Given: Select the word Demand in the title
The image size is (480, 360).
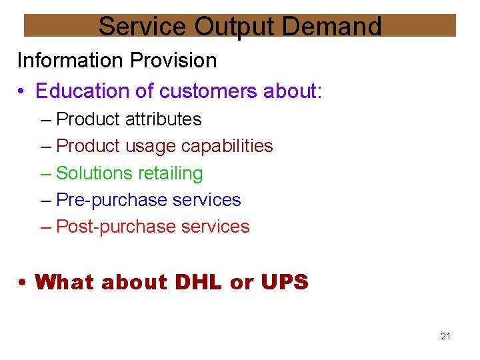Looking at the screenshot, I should tap(331, 26).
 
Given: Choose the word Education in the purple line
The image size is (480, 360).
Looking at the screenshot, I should tap(79, 91).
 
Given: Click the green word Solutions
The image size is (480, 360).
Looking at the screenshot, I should tap(95, 173).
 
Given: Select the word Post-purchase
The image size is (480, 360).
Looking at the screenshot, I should tap(117, 227).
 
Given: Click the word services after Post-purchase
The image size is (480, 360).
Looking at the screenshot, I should tap(215, 227).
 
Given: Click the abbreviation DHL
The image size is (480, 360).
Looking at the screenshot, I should tap(199, 283).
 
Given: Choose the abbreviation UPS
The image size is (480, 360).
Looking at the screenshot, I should tap(285, 283).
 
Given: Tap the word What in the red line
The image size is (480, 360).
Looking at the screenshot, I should tap(65, 283).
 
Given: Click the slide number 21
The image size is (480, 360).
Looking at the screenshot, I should tap(445, 336).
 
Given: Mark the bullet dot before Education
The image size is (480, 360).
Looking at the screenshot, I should tap(23, 91).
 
